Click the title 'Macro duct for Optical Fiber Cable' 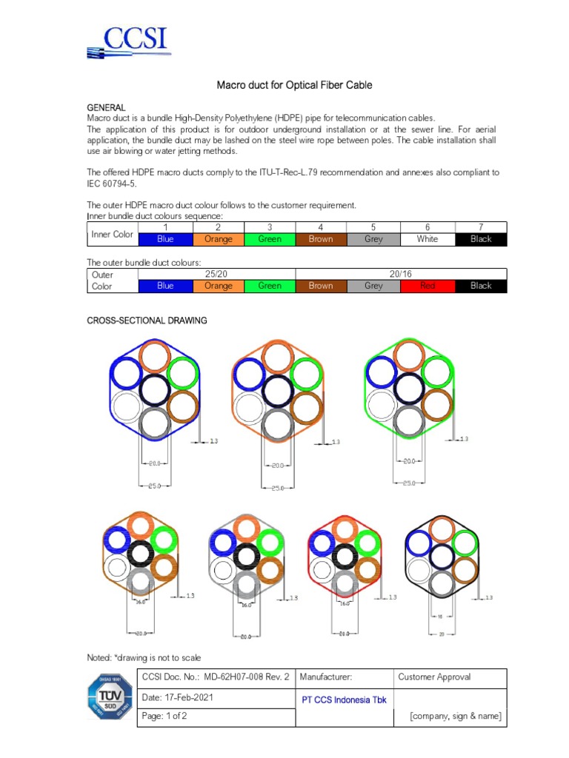294,85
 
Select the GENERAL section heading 107,107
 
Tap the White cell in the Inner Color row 427,239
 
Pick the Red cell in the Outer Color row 427,286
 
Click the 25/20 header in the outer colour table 218,274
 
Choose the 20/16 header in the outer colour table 401,274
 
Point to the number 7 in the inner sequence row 481,227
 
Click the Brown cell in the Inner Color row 321,239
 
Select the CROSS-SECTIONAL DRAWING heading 147,321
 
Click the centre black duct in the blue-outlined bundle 154,389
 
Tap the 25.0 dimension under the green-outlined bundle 408,483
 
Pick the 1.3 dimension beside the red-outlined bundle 392,597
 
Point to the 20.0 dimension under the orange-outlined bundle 276,466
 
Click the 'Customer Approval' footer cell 434,677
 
